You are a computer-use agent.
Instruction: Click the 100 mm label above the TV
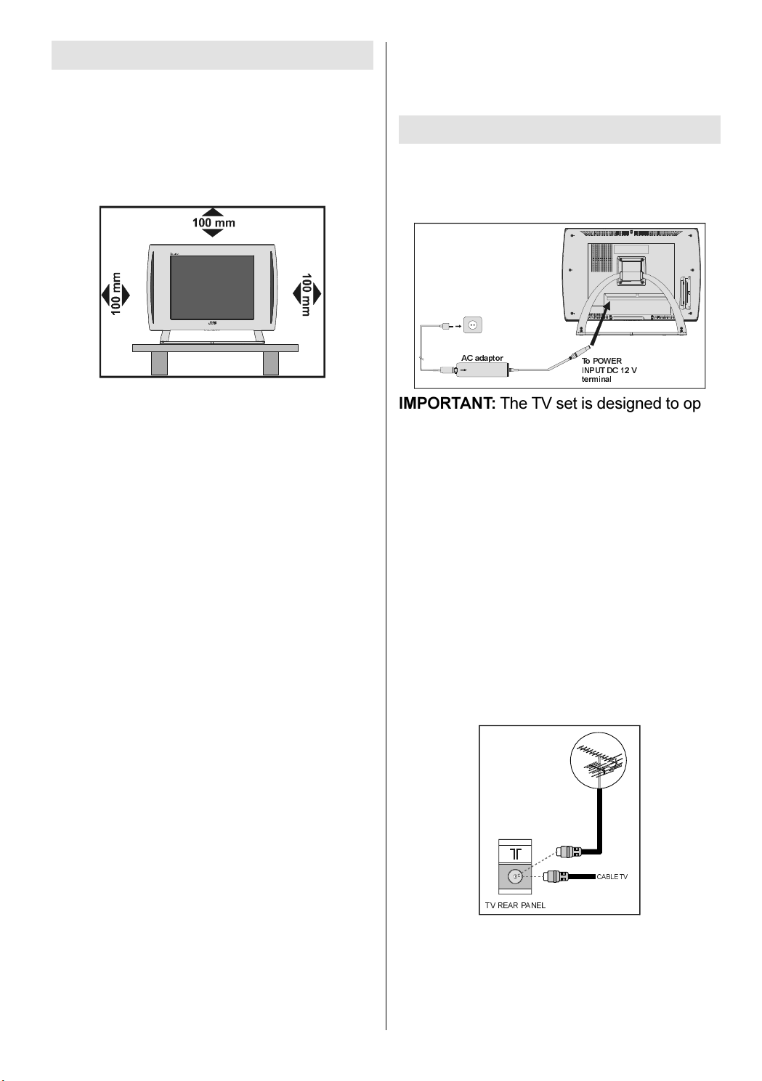(x=213, y=223)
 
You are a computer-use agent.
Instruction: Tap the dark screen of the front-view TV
(x=211, y=287)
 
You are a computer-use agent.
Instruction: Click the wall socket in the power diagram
(x=473, y=326)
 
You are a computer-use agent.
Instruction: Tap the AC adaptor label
(x=482, y=359)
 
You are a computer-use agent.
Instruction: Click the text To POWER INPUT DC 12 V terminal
(x=609, y=370)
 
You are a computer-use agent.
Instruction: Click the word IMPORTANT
(x=447, y=404)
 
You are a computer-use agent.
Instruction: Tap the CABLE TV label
(x=612, y=877)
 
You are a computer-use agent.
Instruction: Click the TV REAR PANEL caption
(x=515, y=905)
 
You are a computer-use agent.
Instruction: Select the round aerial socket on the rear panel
(x=515, y=876)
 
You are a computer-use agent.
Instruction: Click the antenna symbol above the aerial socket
(x=515, y=852)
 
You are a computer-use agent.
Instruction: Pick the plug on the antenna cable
(x=567, y=851)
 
